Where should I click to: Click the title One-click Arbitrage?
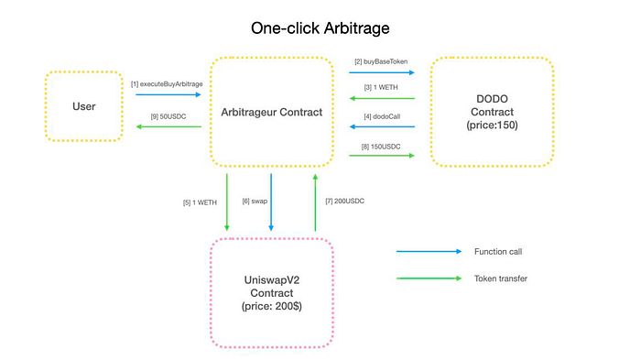(320, 28)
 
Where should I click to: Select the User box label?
(84, 106)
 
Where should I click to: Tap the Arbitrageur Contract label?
(271, 112)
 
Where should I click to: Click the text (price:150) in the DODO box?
(492, 125)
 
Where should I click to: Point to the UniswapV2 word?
(271, 279)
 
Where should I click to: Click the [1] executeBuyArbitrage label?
(167, 84)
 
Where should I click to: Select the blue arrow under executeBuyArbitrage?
(168, 94)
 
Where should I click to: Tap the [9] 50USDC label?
(168, 116)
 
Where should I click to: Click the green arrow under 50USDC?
(168, 126)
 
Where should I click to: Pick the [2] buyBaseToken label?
(381, 61)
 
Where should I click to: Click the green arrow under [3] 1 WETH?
(382, 98)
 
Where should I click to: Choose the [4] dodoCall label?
(382, 116)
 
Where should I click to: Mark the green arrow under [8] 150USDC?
(382, 156)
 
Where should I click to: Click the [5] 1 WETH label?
(200, 202)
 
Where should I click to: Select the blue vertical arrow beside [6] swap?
(271, 202)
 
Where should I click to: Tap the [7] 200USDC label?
(344, 201)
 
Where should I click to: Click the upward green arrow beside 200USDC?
(315, 202)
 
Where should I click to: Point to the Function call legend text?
(498, 252)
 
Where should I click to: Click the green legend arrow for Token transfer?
(429, 278)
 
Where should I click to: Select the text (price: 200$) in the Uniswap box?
(271, 306)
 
